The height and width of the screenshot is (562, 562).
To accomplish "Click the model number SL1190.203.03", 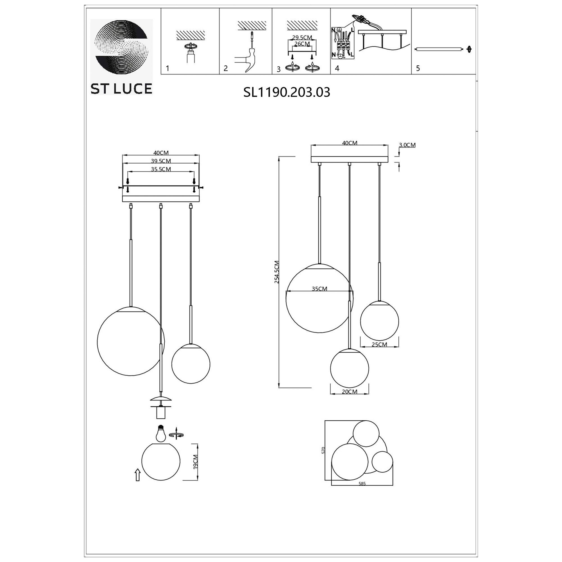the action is coord(287,92).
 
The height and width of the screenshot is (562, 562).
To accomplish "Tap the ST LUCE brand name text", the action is coord(121,89).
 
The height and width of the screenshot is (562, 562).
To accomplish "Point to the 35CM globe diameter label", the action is coord(319,289).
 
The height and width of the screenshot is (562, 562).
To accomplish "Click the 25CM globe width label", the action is coord(379,345).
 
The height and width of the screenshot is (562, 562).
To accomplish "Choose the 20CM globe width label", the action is coord(349,391).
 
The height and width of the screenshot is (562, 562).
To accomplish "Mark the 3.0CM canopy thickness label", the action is coord(407,145).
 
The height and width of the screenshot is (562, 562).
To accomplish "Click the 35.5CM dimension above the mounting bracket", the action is coord(161,169).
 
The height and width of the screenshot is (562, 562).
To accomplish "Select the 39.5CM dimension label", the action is coord(161,161).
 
